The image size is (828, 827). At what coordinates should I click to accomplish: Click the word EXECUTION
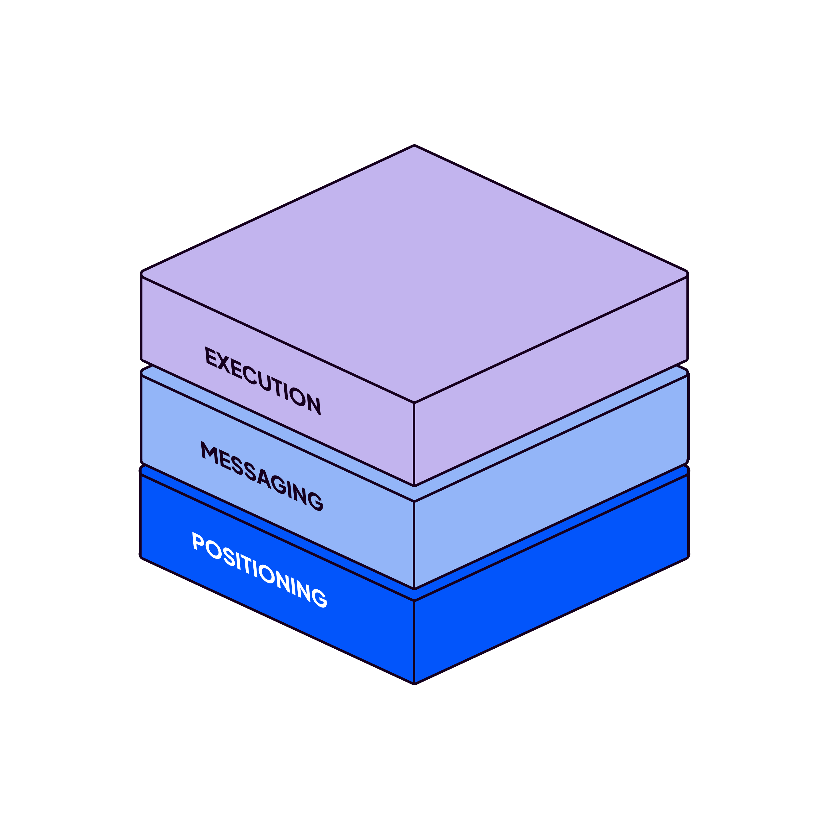click(263, 381)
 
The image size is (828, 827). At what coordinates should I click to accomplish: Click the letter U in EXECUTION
click(265, 382)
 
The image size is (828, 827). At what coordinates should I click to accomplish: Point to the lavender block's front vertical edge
click(414, 444)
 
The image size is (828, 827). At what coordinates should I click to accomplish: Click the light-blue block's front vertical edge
click(414, 544)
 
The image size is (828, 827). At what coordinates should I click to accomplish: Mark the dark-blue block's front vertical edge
click(414, 641)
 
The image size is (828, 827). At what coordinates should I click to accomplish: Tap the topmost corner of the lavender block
click(414, 147)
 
